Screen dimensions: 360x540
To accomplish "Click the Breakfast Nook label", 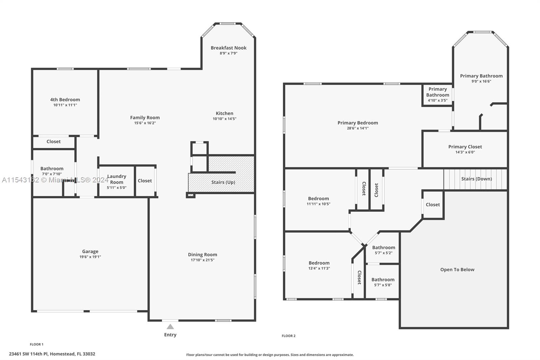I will [228, 48].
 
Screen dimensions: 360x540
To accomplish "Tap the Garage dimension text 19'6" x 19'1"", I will [90, 257].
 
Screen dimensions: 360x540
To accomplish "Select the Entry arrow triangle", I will [170, 327].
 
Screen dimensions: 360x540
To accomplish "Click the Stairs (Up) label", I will [223, 182].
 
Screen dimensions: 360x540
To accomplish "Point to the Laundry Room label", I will [116, 179].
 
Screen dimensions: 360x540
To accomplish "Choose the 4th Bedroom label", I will [65, 100].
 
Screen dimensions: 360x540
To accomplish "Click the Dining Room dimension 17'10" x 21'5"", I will [202, 260].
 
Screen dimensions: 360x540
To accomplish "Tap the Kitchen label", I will [224, 113].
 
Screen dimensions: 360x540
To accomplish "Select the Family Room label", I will [145, 118].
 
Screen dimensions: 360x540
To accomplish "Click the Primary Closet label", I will [465, 147].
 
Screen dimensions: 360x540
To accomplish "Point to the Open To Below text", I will [457, 269].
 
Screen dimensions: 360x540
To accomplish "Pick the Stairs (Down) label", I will [477, 179].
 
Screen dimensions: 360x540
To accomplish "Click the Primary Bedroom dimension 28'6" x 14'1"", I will [358, 128].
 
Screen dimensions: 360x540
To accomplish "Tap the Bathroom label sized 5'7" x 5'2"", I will [383, 248].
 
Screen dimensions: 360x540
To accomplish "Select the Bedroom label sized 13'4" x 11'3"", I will [319, 263].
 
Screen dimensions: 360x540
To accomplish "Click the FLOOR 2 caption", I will [289, 336].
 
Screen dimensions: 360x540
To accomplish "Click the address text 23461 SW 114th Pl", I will [52, 354].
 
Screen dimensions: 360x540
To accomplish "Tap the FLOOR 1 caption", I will [36, 344].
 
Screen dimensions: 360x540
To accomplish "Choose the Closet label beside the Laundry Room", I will [145, 181].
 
